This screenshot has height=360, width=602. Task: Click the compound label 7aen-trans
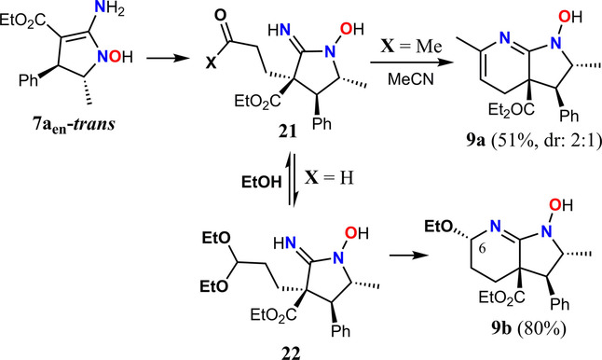(x=74, y=126)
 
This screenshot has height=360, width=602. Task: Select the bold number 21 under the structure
(x=288, y=132)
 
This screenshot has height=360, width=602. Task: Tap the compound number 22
(x=291, y=353)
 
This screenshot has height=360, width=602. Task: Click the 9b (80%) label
(x=528, y=329)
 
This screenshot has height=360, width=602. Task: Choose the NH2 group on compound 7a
(x=110, y=8)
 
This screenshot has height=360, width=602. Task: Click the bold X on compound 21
(x=211, y=63)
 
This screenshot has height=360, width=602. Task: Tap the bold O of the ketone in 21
(x=221, y=15)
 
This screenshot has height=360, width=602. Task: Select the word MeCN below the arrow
(x=410, y=79)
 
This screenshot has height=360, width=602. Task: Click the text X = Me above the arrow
(x=411, y=47)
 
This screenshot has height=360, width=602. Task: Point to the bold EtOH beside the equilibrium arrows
(x=262, y=182)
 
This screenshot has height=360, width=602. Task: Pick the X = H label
(x=329, y=178)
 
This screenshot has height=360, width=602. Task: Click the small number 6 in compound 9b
(x=483, y=249)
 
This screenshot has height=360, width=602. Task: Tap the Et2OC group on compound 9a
(x=511, y=109)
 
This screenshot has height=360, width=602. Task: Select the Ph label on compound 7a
(x=30, y=80)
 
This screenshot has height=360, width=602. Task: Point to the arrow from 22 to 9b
(x=408, y=256)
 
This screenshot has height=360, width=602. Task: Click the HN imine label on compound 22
(x=285, y=242)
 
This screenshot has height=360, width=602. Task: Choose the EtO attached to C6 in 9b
(x=438, y=227)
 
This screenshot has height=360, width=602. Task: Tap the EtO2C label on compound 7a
(x=23, y=20)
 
